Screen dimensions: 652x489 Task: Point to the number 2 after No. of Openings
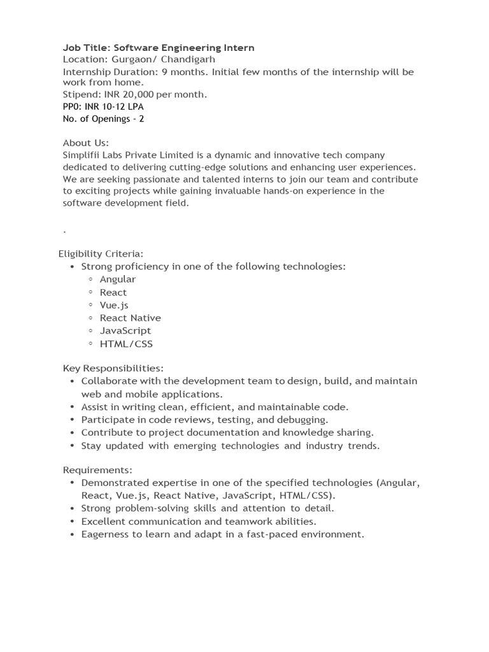coord(141,119)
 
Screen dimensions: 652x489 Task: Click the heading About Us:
coord(86,143)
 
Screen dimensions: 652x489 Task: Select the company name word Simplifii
coord(82,155)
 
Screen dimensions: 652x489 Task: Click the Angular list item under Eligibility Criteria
coord(118,280)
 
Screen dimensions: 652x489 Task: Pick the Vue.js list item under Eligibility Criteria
coord(114,305)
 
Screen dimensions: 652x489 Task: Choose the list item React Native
coord(131,318)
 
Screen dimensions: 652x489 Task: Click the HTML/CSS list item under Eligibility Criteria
coord(126,344)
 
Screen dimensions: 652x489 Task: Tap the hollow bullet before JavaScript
coord(91,330)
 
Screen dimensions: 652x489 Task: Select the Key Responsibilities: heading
coord(113,368)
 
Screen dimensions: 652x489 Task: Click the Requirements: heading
coord(97,470)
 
